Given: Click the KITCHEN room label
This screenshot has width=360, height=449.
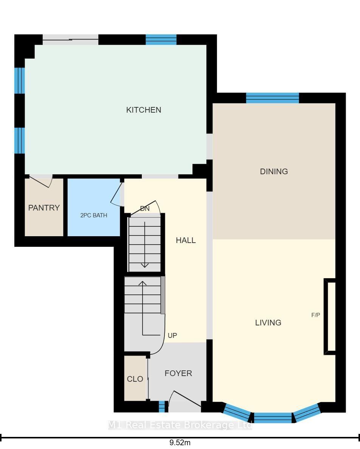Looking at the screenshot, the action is click(143, 110).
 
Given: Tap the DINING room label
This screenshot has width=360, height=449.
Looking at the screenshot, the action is click(274, 172).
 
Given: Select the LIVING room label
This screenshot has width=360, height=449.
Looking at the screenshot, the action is click(268, 323).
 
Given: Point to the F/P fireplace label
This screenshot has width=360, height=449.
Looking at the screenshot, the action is click(316, 315).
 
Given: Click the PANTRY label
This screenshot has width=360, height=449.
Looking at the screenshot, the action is click(44, 207).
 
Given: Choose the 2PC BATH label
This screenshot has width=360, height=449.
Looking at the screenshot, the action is click(94, 215).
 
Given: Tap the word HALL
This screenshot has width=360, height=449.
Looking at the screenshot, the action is click(186, 240).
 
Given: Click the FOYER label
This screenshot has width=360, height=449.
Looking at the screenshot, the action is click(178, 373).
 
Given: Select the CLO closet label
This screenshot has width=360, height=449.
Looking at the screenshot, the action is click(135, 379).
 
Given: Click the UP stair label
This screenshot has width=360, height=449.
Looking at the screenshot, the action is click(172, 335).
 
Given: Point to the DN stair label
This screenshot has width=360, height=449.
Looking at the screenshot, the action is click(145, 209).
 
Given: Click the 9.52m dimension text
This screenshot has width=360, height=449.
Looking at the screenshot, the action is click(180, 443).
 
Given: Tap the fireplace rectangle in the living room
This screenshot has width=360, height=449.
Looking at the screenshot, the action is click(330, 316).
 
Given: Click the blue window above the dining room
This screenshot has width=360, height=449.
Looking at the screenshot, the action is click(273, 98).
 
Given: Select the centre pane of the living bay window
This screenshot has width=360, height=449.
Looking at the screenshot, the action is click(273, 418).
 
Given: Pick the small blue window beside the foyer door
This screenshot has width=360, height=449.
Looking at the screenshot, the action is click(162, 407).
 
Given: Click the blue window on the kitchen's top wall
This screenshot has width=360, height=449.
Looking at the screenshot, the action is click(161, 40).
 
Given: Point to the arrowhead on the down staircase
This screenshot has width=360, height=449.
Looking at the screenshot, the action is click(144, 265).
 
